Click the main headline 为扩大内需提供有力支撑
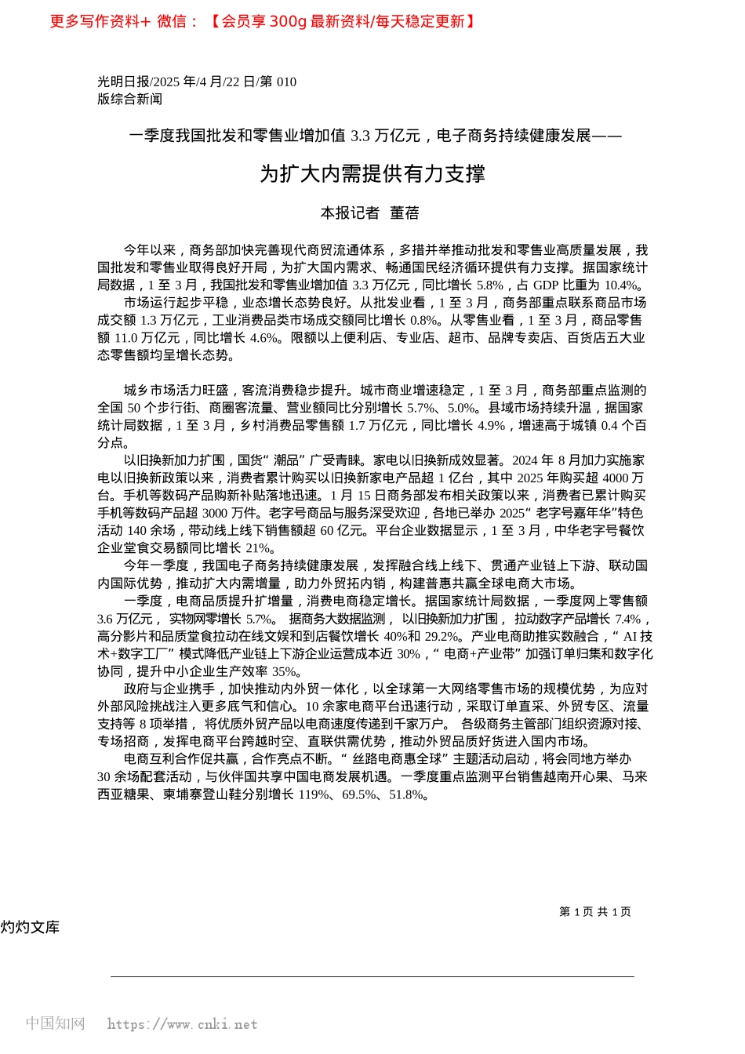pyautogui.click(x=372, y=174)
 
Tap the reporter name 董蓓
pyautogui.click(x=405, y=213)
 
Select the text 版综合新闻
pyautogui.click(x=129, y=99)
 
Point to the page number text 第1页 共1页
pyautogui.click(x=594, y=911)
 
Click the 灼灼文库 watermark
pyautogui.click(x=30, y=927)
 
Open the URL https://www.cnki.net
pyautogui.click(x=182, y=1024)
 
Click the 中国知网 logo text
pyautogui.click(x=55, y=1023)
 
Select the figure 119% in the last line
pyautogui.click(x=314, y=794)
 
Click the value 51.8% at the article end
pyautogui.click(x=407, y=794)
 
